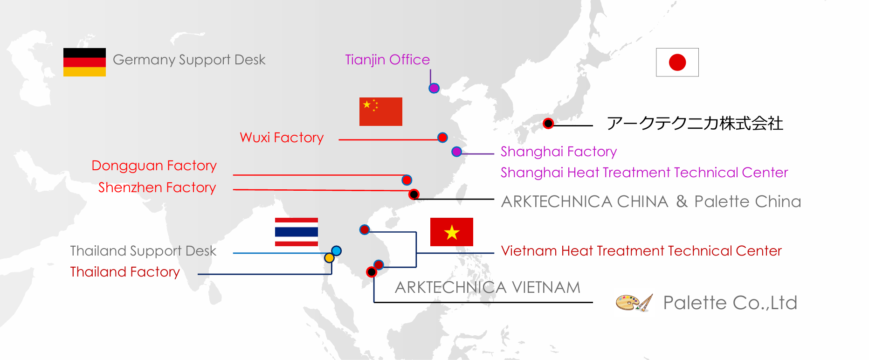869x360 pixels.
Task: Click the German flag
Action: click(84, 62)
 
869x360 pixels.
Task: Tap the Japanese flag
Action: click(677, 62)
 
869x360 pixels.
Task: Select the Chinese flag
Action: click(380, 111)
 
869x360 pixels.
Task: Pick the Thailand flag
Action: click(297, 232)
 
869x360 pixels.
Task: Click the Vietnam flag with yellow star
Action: click(451, 232)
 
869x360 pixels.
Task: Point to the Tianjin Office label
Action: click(387, 60)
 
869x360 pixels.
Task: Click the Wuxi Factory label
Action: click(282, 138)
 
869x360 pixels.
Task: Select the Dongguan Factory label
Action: click(154, 166)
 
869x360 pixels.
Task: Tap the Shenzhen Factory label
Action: click(157, 187)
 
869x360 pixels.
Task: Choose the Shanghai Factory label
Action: click(559, 152)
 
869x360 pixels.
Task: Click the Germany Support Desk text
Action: click(189, 60)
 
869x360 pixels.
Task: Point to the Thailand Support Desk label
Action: click(143, 251)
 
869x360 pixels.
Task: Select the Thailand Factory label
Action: click(125, 272)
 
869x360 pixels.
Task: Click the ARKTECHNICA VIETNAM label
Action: click(488, 287)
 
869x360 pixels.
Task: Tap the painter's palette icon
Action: click(634, 303)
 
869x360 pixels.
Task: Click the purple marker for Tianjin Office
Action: click(434, 88)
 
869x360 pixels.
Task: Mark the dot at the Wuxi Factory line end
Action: click(442, 138)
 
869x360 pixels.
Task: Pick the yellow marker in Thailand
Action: click(329, 258)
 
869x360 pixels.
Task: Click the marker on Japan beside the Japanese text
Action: click(548, 124)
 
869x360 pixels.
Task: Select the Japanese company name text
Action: click(695, 124)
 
